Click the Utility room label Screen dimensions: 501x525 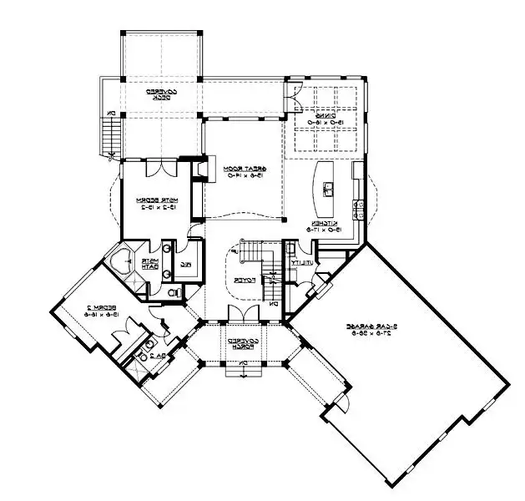[x=295, y=263]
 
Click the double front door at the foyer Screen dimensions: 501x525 [x=240, y=314]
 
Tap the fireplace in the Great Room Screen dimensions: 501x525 [x=199, y=171]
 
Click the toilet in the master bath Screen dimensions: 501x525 [x=174, y=293]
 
